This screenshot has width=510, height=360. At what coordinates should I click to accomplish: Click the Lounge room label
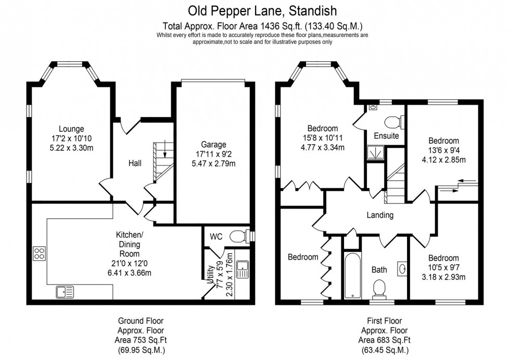click(x=71, y=129)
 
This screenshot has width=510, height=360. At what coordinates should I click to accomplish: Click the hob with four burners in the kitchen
click(x=40, y=253)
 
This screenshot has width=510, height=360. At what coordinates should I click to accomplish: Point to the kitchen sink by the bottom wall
click(x=65, y=292)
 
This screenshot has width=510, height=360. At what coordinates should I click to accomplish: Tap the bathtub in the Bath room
click(x=353, y=276)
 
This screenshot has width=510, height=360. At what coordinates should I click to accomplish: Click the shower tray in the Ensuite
click(x=373, y=152)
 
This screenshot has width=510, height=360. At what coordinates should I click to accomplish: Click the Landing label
click(x=380, y=215)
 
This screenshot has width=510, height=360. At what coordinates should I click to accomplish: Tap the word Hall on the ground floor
click(x=135, y=163)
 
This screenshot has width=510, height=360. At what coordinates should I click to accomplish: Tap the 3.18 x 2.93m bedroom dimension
click(x=444, y=277)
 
